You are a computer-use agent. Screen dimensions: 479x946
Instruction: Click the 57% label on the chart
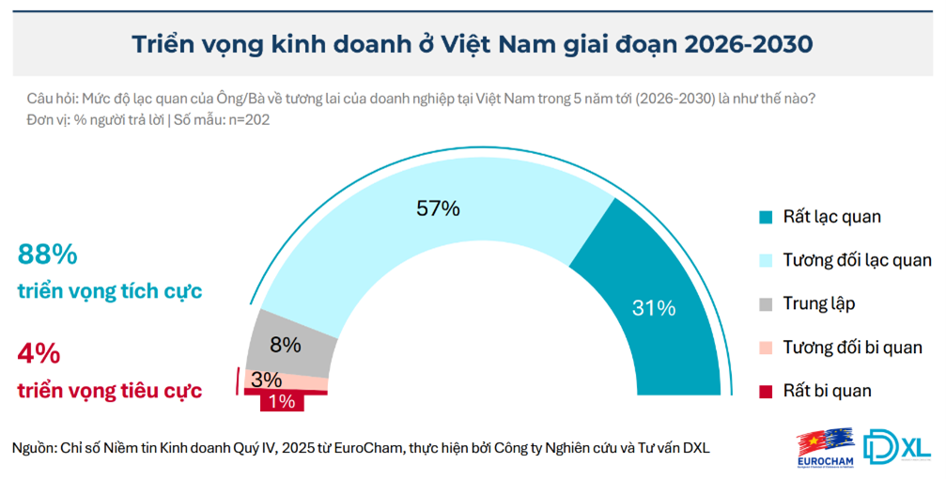click(437, 209)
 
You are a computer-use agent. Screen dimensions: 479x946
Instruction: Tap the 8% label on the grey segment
click(285, 345)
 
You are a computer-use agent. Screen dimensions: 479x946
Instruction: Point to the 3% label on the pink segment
click(267, 379)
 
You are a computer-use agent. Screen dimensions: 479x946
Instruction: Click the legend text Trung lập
click(819, 303)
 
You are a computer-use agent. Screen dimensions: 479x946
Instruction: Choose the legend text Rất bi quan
click(828, 391)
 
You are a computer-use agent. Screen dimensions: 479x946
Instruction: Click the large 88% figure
click(47, 255)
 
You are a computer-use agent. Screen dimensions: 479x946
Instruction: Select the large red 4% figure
click(39, 354)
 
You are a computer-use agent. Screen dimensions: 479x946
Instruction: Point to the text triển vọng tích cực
click(110, 291)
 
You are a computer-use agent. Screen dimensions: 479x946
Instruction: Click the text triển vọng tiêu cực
click(110, 390)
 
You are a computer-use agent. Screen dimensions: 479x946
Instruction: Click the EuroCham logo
click(823, 447)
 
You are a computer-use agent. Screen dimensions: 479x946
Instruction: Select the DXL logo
click(896, 446)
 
